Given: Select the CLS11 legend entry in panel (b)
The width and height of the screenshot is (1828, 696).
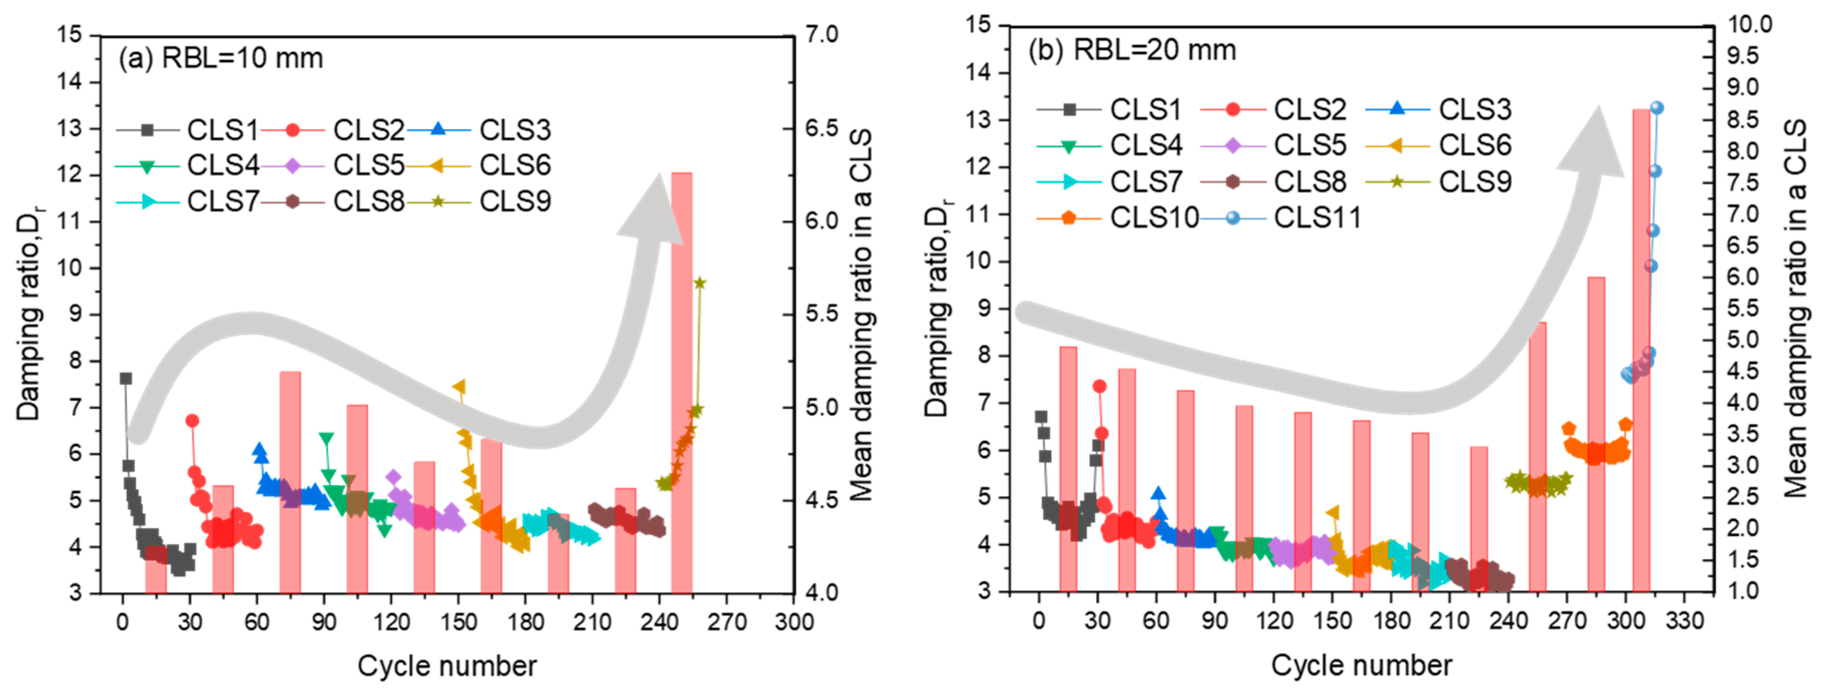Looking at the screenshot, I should [1317, 217].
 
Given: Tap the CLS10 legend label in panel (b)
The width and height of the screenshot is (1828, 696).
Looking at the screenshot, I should [1154, 217].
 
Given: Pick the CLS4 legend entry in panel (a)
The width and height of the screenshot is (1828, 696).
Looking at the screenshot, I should [222, 165].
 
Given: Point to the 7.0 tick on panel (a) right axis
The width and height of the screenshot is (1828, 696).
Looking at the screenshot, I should [821, 34].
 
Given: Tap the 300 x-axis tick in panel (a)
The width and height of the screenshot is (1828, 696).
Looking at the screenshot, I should [793, 622].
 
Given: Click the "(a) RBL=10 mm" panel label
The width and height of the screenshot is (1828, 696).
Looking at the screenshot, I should [221, 58].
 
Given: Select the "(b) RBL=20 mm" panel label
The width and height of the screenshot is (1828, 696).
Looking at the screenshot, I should [1132, 50].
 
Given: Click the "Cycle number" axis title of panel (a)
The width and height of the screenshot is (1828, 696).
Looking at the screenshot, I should [447, 666].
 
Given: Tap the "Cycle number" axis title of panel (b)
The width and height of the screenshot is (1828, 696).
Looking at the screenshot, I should [1361, 665].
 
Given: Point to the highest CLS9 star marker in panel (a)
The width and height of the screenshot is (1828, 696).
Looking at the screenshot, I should [700, 283].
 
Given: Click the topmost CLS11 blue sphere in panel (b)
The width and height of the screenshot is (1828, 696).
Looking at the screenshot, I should [1657, 108].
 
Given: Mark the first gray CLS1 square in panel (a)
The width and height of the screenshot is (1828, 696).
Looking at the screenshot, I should [126, 379].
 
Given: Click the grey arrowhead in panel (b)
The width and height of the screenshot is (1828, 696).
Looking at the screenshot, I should [1593, 146].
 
